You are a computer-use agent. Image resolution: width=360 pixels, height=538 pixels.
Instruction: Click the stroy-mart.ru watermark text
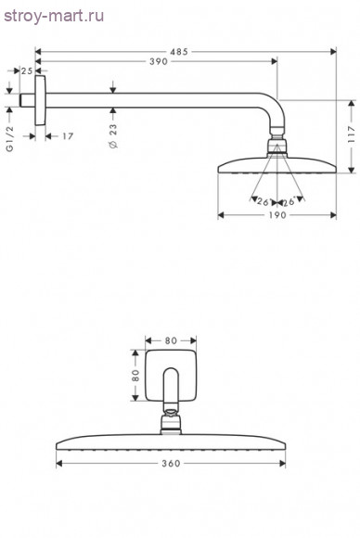point(54,16)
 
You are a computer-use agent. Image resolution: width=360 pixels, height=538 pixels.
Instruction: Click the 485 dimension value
point(179,52)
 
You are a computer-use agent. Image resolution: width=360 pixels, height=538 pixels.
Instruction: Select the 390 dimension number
point(159,62)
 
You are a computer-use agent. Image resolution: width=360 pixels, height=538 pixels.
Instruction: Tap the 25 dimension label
point(27,71)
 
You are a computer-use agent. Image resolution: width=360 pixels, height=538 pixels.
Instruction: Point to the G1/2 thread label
point(10,138)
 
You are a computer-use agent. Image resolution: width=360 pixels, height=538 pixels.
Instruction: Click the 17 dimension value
point(68,136)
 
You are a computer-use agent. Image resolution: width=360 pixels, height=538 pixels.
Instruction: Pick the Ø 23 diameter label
point(113,135)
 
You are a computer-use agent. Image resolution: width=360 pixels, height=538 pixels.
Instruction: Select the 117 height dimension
point(351,134)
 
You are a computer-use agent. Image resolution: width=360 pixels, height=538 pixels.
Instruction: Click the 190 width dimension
point(277,215)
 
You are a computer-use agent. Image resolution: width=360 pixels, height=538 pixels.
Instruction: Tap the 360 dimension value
point(171,464)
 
